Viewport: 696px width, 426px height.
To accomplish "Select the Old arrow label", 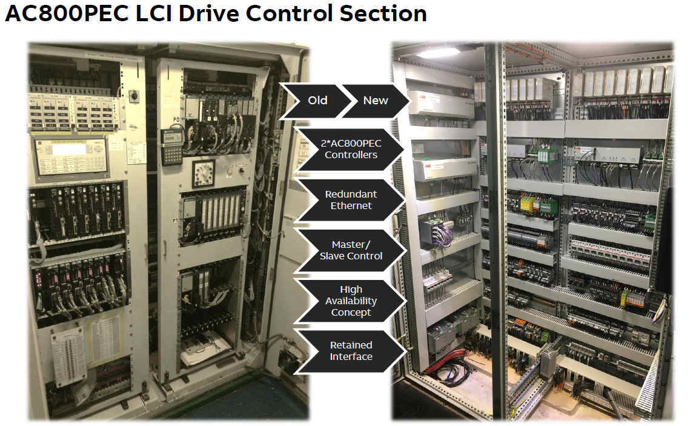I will tap(317, 100).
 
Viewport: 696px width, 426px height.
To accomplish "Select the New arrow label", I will tap(375, 100).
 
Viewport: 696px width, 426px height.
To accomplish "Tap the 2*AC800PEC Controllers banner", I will tap(351, 149).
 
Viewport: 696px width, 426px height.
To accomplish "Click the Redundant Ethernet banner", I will tap(351, 200).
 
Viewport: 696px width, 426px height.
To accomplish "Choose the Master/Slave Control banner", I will tap(351, 250).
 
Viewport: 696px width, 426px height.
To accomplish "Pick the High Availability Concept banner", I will tap(351, 301).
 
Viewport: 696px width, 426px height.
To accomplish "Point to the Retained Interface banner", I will tap(351, 351).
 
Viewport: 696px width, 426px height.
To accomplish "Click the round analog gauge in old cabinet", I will tap(203, 173).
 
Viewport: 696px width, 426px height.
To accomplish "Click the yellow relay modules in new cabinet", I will tap(528, 202).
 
